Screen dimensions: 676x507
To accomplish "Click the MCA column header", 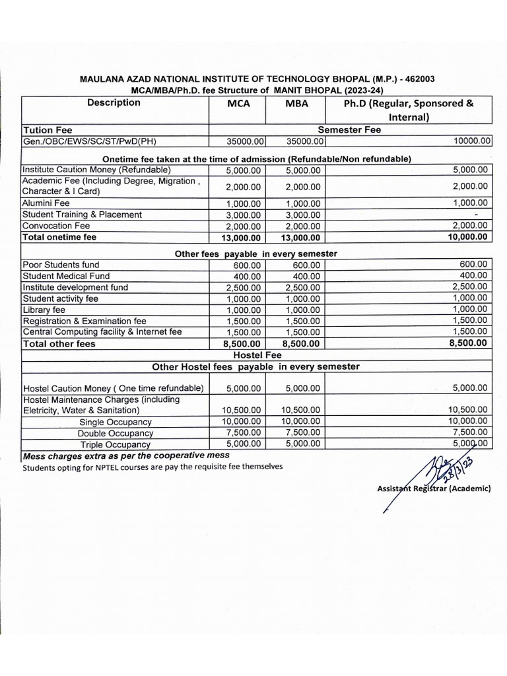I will pyautogui.click(x=238, y=105).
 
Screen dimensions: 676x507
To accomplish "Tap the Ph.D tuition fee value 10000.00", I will pyautogui.click(x=471, y=141).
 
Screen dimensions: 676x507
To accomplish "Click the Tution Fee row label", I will pyautogui.click(x=48, y=130).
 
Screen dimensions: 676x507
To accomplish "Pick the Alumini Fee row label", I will pyautogui.click(x=46, y=203).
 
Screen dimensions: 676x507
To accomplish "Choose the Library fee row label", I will pyautogui.click(x=44, y=310).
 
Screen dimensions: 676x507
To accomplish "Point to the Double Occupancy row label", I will pyautogui.click(x=116, y=433).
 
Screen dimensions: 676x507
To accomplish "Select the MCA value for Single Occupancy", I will pyautogui.click(x=242, y=421).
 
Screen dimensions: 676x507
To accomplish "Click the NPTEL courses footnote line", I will pyautogui.click(x=152, y=466).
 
